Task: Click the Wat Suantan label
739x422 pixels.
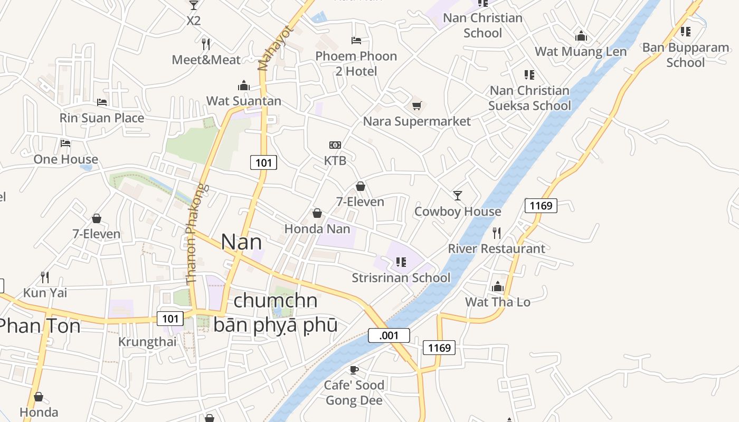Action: point(243,101)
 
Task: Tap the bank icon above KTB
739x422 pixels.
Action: point(335,145)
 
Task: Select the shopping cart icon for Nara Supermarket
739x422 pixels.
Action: point(417,106)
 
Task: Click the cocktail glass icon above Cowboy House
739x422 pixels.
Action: point(458,196)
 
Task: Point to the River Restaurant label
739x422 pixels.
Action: point(496,248)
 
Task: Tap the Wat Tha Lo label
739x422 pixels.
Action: point(497,302)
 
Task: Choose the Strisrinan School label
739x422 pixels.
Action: point(401,277)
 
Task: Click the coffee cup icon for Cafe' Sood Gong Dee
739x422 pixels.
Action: point(354,370)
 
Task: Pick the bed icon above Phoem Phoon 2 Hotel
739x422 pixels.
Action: point(356,40)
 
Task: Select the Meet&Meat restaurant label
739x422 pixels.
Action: point(206,60)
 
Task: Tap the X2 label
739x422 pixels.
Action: point(194,21)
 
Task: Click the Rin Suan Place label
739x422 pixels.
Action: point(102,118)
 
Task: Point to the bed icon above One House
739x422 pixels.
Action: point(65,143)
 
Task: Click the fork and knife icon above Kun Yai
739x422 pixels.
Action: point(45,276)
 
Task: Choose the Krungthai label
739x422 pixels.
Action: point(147,341)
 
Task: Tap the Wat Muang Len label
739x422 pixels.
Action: point(581,52)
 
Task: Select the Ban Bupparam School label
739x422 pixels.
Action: point(685,55)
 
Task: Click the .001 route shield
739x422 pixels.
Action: point(389,335)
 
